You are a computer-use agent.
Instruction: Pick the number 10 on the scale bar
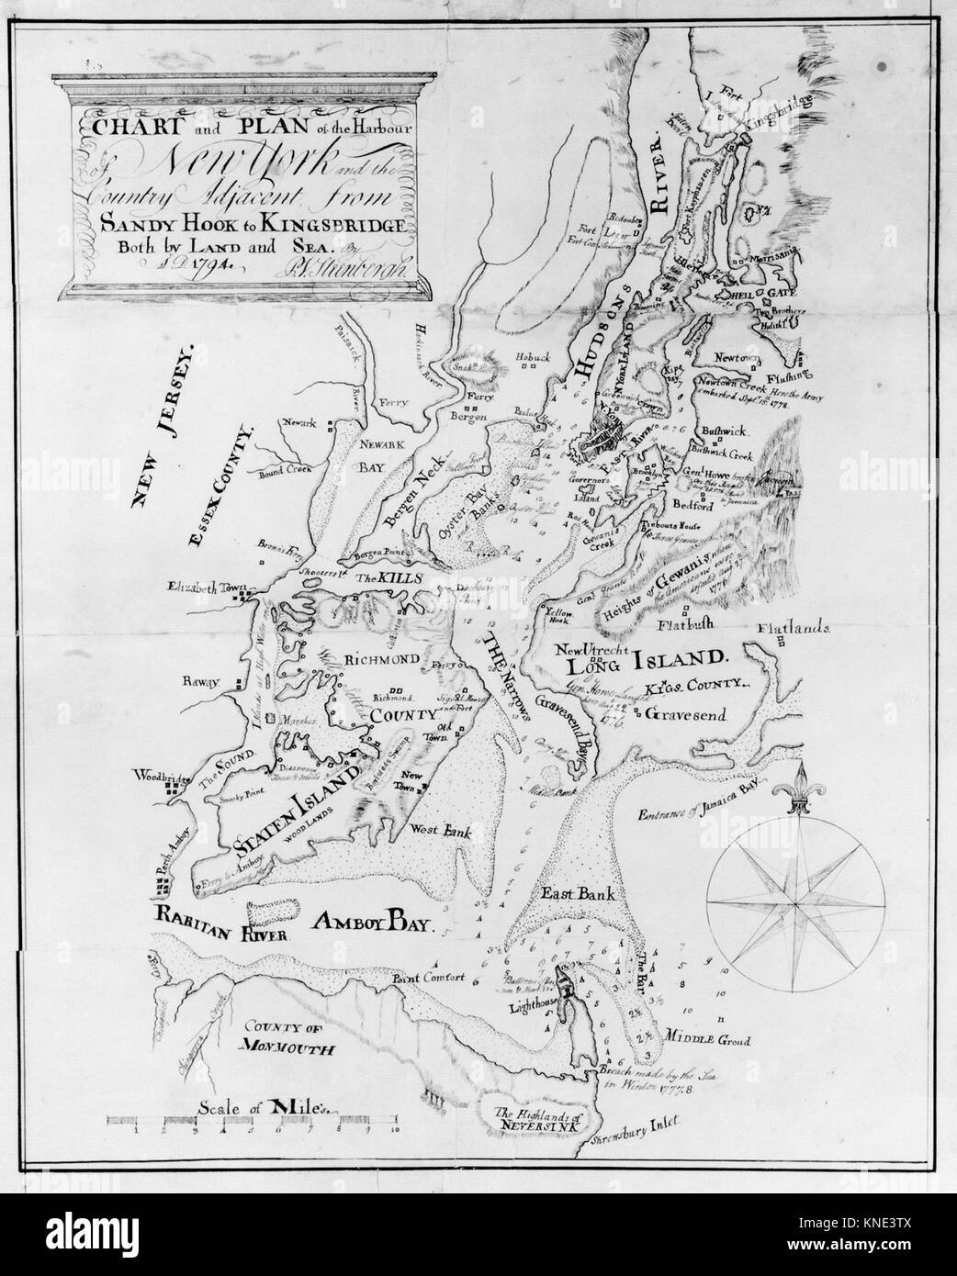coord(395,1131)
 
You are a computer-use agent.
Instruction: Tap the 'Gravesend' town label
coord(683,712)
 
